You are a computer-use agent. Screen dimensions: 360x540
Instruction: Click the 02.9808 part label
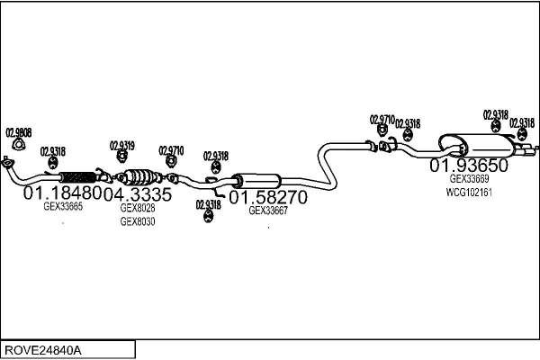19,132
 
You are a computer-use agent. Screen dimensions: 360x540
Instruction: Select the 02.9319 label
122,145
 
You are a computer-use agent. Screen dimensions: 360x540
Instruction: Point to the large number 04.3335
137,193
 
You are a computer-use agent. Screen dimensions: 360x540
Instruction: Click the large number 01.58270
268,196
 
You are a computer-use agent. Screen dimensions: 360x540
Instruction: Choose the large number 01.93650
469,166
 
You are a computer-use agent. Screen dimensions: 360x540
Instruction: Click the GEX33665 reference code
63,206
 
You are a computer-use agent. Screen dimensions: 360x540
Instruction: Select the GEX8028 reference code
138,207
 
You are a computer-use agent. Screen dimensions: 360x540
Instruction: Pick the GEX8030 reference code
138,221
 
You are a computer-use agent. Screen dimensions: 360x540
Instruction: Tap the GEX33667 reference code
268,211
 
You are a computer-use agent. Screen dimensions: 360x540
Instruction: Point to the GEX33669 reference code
469,179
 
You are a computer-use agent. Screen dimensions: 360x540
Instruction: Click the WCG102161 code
469,192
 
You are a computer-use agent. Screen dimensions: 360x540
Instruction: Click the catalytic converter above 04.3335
136,176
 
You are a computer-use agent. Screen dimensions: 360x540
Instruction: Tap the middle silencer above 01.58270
256,180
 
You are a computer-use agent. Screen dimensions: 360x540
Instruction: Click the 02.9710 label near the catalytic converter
171,150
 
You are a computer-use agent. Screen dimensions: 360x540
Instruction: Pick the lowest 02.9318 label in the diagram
207,204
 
